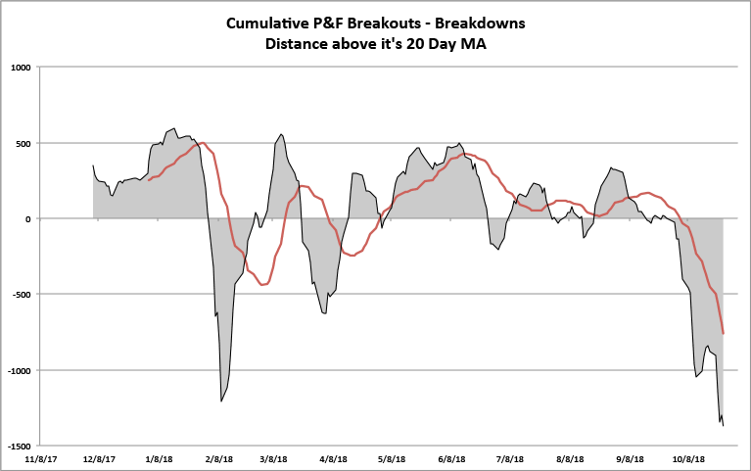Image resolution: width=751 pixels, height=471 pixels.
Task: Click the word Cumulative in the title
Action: [x=269, y=23]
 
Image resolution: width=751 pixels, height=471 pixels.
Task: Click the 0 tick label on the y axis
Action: [x=29, y=218]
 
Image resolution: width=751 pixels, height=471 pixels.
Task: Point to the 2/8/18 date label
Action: [x=219, y=458]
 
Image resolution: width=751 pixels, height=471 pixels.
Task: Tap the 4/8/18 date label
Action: [x=334, y=458]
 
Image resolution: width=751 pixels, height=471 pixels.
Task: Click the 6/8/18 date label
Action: [x=452, y=458]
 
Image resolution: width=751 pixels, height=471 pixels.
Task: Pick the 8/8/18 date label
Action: [x=570, y=458]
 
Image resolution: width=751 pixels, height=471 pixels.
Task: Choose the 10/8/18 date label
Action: [x=689, y=458]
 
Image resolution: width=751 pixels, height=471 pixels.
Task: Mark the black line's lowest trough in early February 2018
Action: [x=221, y=401]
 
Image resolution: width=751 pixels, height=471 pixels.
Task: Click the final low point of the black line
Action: [x=723, y=426]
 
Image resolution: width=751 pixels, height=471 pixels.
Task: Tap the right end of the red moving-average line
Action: [x=723, y=334]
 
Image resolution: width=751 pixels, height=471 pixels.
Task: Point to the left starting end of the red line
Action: [x=149, y=180]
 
